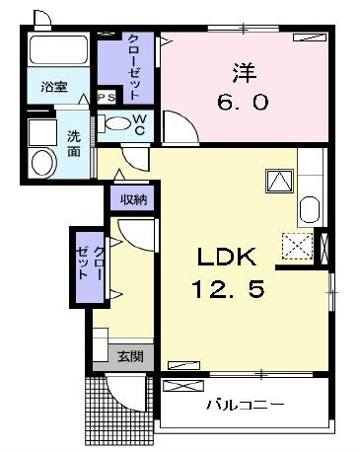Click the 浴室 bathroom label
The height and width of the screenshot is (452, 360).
(54, 87)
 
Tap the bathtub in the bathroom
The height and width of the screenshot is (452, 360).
(57, 50)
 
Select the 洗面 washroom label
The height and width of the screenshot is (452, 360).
(74, 144)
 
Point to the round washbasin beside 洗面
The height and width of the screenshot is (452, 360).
(43, 162)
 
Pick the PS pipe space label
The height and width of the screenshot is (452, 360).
(107, 97)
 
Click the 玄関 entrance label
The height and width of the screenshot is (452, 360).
(129, 355)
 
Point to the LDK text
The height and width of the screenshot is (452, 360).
(227, 260)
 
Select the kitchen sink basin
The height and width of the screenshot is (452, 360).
(308, 210)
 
